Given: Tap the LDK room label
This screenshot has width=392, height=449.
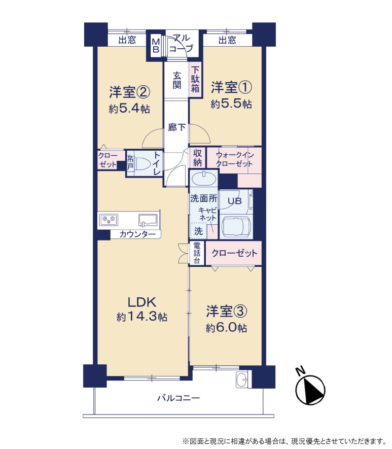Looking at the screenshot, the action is point(141,302).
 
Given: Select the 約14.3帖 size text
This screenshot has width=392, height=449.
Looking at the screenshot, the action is point(142,317).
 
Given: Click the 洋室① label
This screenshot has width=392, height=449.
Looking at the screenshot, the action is point(231,87).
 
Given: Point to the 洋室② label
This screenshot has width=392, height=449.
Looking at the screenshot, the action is point(129,92).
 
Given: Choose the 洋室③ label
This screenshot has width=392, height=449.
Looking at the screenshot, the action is point(226,312).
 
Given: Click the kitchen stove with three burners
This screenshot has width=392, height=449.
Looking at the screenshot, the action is point(109,220).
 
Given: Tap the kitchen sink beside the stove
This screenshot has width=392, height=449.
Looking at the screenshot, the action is point(148,220).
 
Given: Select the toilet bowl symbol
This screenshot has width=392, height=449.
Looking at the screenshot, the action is point(144,164).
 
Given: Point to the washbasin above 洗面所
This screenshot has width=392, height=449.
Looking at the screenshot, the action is point(203,179).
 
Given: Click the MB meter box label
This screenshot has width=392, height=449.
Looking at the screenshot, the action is point(156,46).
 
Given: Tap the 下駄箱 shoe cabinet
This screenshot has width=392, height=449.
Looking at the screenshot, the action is point(195,79).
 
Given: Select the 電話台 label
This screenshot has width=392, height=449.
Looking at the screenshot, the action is point(197,253).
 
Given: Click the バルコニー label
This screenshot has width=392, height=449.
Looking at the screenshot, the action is point(179,398).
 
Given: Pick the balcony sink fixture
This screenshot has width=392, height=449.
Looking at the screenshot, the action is point(242,379).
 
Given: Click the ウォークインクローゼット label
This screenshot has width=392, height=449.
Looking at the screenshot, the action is point(234,160).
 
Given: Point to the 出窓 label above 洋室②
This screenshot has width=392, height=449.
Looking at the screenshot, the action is point(127,40).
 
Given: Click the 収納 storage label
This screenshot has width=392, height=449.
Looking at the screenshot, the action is point(197,158).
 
